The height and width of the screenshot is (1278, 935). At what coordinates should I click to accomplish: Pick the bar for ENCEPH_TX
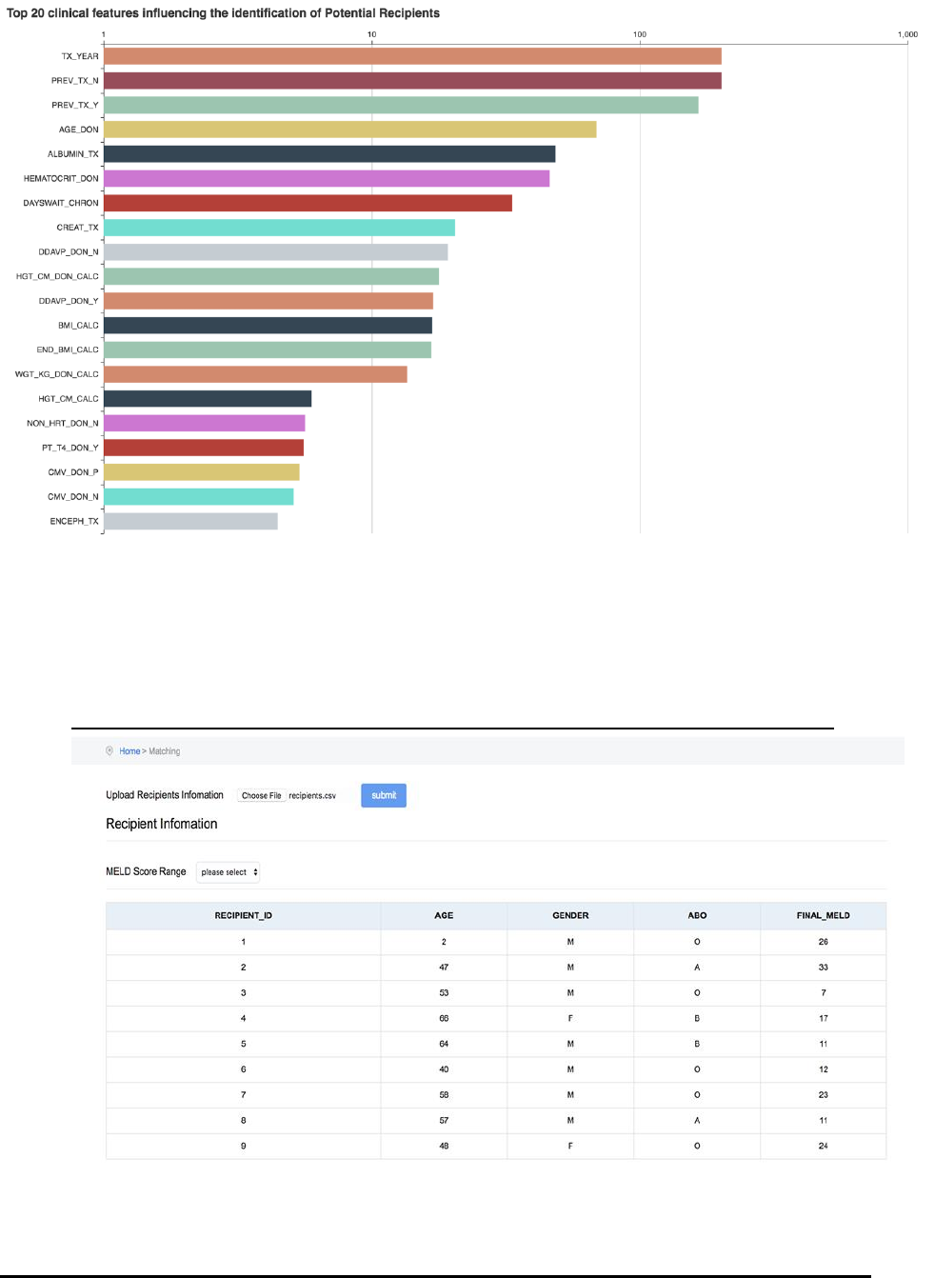(x=190, y=521)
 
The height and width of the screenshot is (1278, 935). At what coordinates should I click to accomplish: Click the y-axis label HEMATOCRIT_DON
(x=61, y=178)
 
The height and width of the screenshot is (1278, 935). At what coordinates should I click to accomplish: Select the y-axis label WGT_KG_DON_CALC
(x=57, y=374)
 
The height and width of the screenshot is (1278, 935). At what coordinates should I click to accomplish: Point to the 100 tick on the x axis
(x=640, y=34)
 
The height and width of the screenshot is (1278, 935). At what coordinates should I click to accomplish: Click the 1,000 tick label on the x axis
(x=907, y=34)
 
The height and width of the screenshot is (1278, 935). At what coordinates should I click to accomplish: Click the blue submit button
(x=384, y=795)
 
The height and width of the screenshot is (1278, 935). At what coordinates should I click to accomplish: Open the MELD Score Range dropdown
(x=228, y=872)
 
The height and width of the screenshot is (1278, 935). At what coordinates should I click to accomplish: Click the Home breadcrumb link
(x=129, y=751)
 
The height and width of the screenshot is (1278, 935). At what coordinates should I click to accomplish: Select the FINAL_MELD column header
(x=823, y=915)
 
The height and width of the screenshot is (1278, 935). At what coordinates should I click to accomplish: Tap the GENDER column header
(x=570, y=915)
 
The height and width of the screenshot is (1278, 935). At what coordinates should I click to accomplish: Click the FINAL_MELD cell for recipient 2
(x=823, y=967)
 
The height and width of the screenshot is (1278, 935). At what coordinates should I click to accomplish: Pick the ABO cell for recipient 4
(x=697, y=1018)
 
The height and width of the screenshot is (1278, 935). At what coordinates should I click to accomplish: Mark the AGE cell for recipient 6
(x=444, y=1069)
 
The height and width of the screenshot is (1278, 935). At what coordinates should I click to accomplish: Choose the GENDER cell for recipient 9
(x=570, y=1146)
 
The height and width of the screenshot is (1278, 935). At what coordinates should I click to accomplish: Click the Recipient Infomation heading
(x=162, y=824)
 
